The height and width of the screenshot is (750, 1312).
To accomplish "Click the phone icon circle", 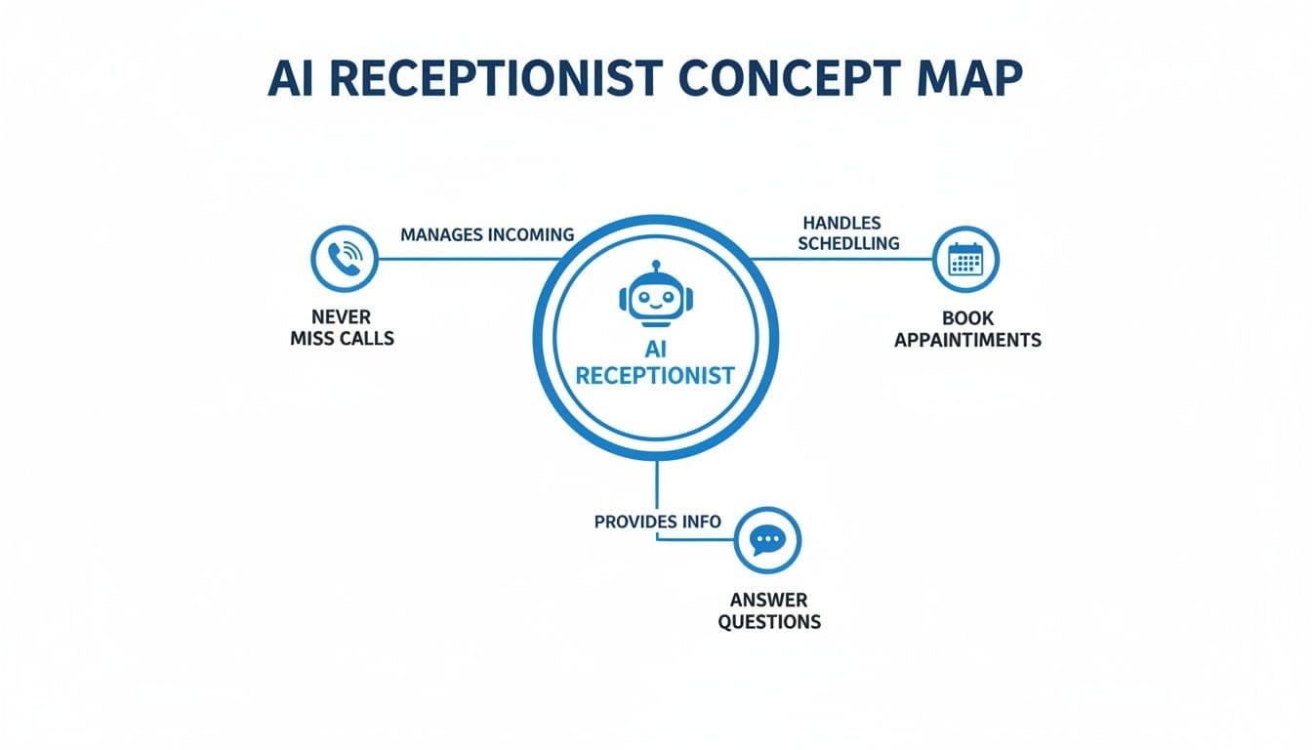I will tap(344, 259).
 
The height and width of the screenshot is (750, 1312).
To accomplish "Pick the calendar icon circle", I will tap(965, 260).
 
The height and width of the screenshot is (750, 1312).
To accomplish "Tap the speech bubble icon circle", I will tap(768, 539).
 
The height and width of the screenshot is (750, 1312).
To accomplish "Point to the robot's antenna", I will tap(655, 267).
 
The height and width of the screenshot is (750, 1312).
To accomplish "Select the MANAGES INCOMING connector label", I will tap(487, 235).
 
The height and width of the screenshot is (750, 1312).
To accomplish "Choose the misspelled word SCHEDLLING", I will tap(848, 243).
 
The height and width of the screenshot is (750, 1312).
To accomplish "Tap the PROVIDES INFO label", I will tap(657, 521).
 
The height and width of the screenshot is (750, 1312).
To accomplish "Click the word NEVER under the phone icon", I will tap(342, 317).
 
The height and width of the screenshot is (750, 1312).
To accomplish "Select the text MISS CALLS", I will tap(342, 339).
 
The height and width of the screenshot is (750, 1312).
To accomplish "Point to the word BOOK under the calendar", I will tap(967, 318).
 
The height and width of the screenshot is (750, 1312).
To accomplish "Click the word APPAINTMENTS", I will tap(967, 340).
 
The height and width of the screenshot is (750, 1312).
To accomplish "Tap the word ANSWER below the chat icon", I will tap(769, 600).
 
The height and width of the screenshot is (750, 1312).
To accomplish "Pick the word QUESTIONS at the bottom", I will tap(769, 621).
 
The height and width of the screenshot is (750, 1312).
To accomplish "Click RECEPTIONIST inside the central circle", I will tap(655, 376).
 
